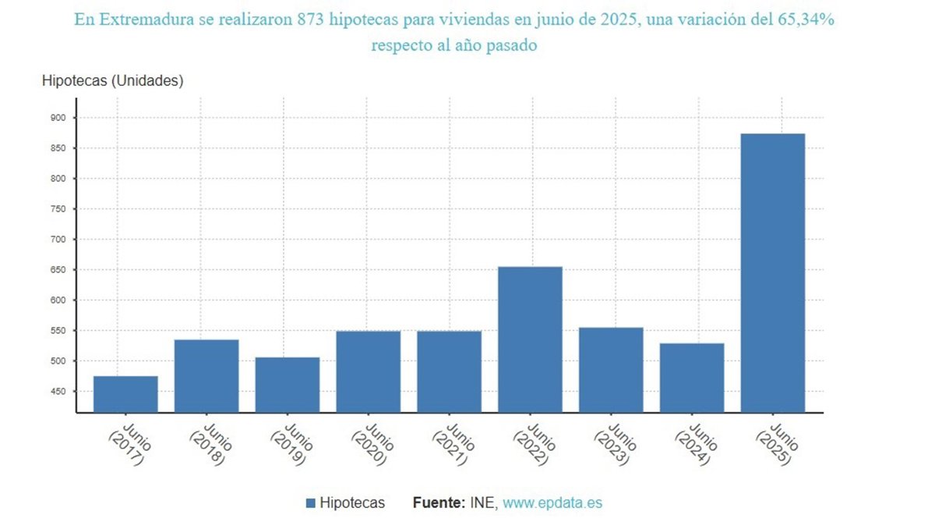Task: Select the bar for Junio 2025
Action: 772,272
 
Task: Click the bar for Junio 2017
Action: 125,393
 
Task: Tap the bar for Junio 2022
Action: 530,339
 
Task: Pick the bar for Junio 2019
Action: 288,384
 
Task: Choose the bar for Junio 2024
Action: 692,377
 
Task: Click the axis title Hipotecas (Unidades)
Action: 112,80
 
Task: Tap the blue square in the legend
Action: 311,503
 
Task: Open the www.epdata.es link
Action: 552,503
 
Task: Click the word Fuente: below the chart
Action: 439,503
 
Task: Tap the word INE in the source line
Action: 482,503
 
